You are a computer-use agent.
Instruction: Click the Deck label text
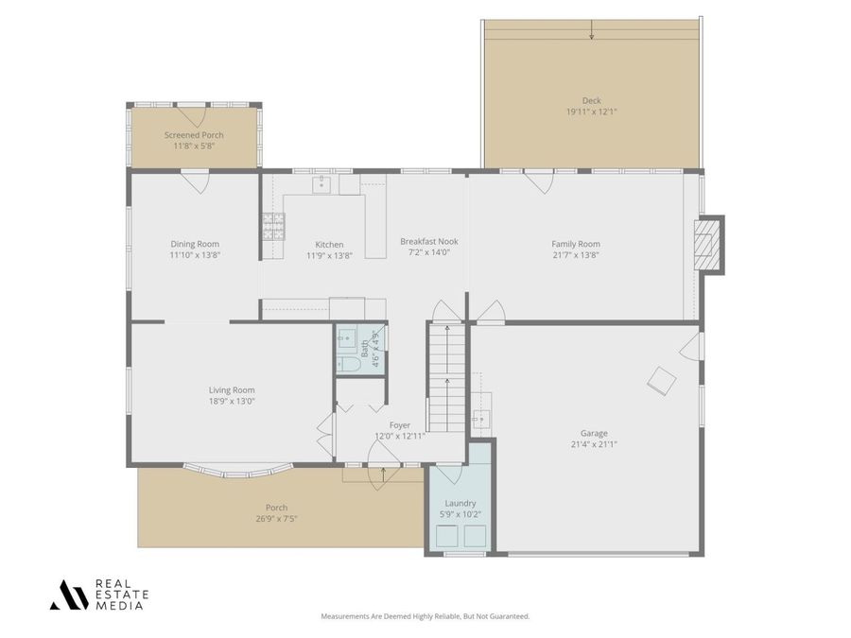[591, 100]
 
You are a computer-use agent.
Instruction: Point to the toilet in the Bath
[348, 363]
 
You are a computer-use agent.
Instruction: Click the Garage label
[595, 433]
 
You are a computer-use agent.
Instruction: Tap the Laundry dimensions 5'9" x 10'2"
[460, 514]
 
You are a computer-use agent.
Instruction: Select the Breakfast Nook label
[428, 241]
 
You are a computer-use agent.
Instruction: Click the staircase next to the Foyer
[446, 373]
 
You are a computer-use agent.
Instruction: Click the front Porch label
[276, 508]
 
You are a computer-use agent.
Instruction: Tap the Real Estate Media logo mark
[69, 595]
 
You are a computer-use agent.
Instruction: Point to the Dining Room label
[195, 244]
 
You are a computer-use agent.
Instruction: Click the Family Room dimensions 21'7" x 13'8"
[576, 254]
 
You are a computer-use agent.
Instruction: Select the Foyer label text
[400, 425]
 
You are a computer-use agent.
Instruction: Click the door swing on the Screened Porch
[196, 117]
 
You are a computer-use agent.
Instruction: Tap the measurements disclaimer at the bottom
[425, 616]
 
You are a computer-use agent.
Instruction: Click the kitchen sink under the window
[322, 183]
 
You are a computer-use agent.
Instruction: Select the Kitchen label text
[329, 244]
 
